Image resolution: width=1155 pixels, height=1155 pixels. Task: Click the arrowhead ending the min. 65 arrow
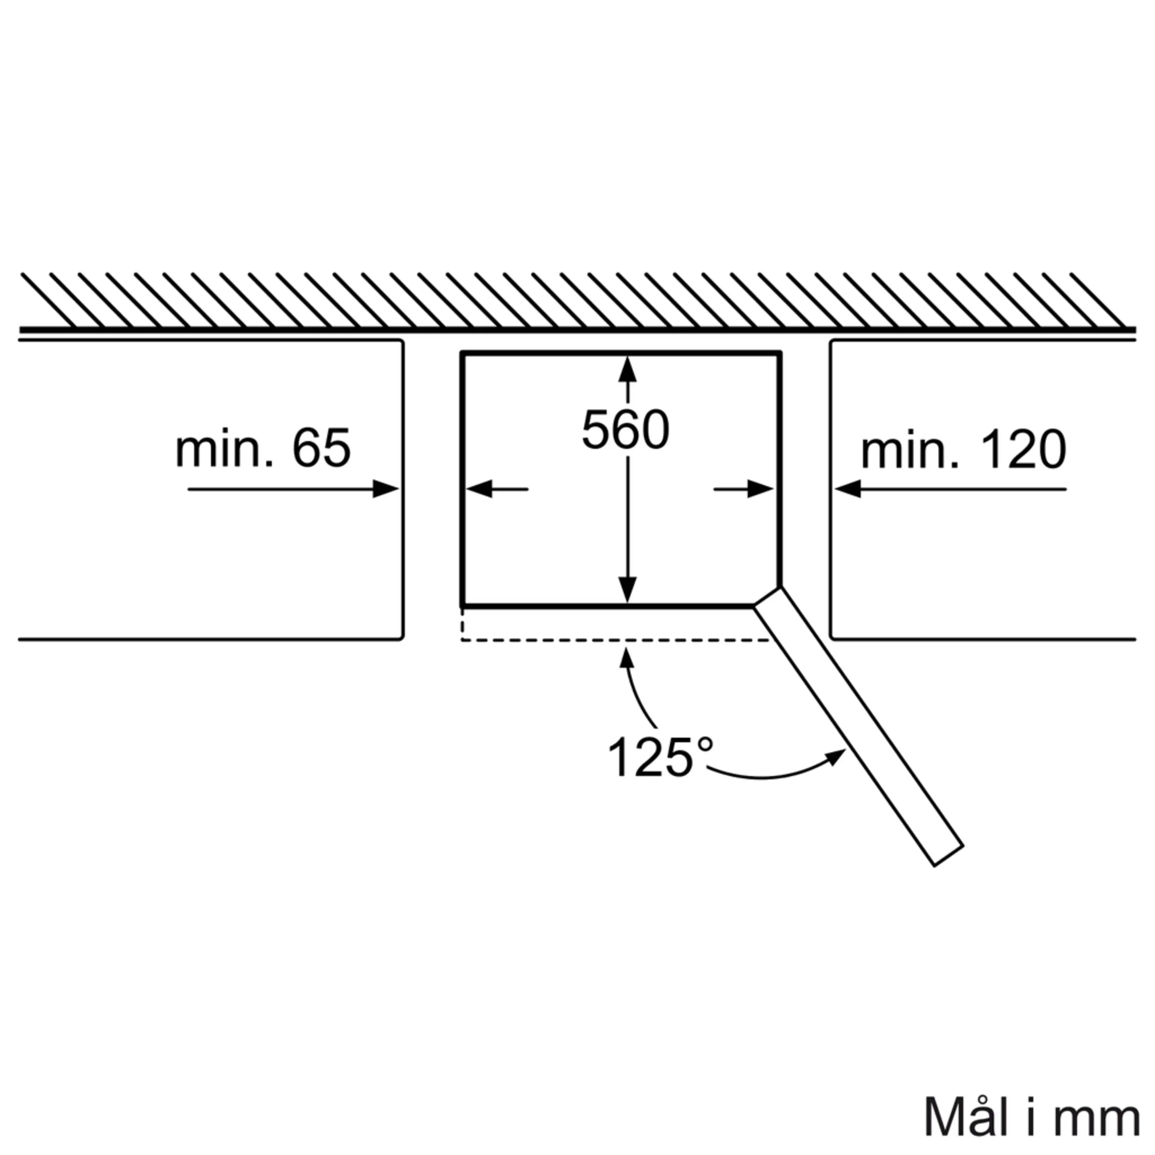(x=386, y=489)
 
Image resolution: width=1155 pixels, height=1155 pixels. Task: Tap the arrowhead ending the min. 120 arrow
(x=848, y=489)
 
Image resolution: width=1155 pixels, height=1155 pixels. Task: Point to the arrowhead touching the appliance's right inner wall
(x=760, y=489)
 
